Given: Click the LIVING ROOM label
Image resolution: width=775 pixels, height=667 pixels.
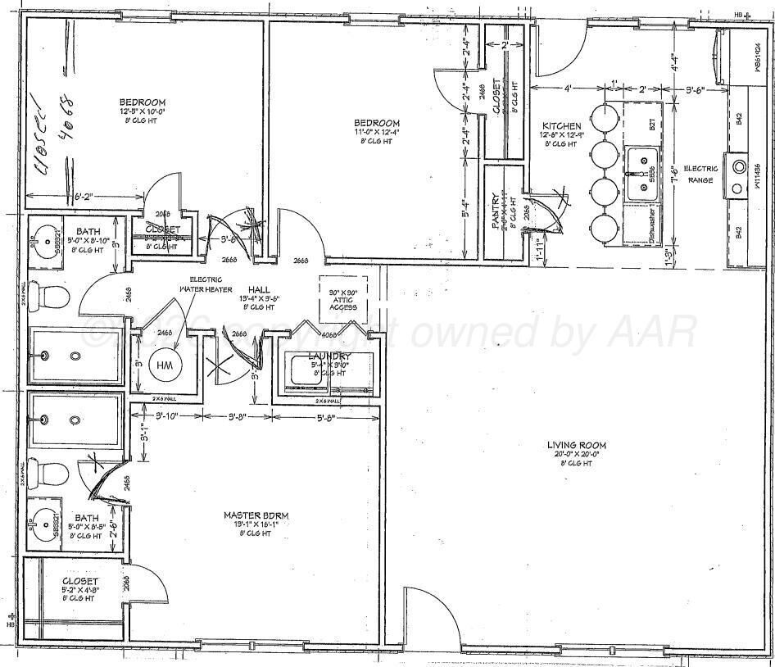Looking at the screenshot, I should pos(577,446).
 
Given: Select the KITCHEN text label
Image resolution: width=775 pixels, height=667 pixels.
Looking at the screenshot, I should pos(560,126).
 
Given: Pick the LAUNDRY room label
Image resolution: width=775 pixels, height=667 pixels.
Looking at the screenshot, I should pos(329,356).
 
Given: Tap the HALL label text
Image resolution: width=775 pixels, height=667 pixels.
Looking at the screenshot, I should pos(260,289).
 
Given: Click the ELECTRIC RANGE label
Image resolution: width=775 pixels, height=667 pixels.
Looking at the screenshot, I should pos(700,175).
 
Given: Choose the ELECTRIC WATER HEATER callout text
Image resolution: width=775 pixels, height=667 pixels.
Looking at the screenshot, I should pos(206,284).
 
